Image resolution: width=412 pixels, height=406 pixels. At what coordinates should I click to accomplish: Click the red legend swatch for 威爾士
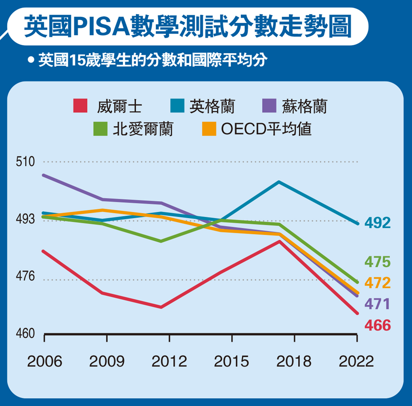pos(80,106)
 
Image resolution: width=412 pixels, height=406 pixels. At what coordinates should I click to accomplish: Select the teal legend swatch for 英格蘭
pos(177,106)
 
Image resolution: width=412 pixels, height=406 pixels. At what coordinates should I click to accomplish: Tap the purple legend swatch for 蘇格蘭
pos(269,106)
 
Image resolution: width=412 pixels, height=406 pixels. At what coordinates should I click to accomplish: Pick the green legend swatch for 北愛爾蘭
pos(100,129)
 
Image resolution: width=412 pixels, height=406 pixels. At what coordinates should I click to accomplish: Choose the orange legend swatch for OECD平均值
pos(209,129)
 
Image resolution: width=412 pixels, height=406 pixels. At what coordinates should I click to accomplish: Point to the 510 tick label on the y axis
pos(25,162)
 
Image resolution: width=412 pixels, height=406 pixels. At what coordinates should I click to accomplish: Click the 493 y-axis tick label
pos(25,219)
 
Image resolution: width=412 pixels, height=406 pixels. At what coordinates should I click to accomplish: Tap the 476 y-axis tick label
pos(25,276)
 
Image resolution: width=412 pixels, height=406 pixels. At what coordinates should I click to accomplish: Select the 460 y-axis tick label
pos(25,334)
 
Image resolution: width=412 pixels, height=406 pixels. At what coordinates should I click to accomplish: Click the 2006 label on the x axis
pos(44,361)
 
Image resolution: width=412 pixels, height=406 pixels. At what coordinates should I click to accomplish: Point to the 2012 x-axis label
pos(169,361)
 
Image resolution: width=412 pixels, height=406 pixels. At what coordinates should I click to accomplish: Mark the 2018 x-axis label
pos(294,361)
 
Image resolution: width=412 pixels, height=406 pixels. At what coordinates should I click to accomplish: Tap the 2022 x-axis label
pos(356,361)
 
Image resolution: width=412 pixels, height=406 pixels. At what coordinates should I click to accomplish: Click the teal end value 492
pos(377,223)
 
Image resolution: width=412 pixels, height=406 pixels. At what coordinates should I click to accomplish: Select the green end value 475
pos(377,262)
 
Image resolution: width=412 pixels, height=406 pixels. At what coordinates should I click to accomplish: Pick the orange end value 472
pos(377,283)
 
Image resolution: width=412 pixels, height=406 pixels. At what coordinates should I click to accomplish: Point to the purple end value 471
pos(377,304)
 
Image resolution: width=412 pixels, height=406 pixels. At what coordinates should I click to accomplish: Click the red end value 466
pos(377,325)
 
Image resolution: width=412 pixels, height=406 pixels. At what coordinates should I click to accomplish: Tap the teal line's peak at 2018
pos(279,182)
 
